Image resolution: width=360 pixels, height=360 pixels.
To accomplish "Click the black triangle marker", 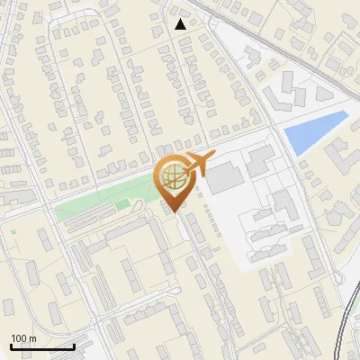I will pos(181,24).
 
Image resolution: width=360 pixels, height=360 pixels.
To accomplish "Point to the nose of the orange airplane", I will pos(214,157).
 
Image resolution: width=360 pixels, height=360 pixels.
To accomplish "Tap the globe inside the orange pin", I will pos(172,175).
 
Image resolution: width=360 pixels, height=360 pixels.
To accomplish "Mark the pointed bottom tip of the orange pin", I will pos(174,212).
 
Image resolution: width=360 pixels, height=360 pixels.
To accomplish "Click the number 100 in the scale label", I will pos(19,338).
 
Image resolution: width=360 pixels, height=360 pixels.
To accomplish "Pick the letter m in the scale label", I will pos(32,338).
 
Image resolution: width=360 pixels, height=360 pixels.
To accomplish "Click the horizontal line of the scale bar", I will pos(42,347).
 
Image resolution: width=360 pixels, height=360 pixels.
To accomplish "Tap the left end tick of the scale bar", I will pos(11,346).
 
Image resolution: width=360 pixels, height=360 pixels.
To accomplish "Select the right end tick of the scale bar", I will pos(74,346).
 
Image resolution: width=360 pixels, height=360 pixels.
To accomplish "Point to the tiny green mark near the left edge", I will pos(13,231).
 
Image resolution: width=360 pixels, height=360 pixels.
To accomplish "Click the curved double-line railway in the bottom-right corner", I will pos(347,319).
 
